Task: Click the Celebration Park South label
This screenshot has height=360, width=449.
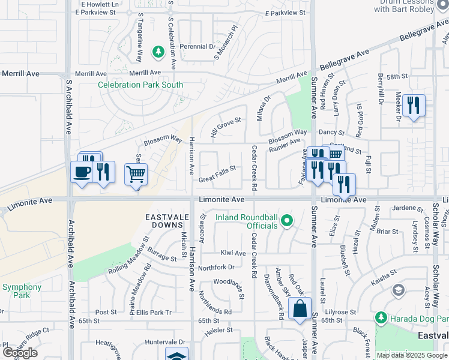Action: pos(140,85)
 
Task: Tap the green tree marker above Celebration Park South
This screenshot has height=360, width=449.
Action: pos(158,53)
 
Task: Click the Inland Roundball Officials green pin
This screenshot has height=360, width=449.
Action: pos(287,221)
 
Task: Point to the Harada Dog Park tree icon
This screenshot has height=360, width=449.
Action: pos(381,317)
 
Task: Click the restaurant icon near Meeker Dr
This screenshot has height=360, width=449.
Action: pos(413,106)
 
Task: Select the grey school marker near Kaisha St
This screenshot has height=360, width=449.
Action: pos(397,291)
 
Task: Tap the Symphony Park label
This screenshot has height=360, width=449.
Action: pos(21,291)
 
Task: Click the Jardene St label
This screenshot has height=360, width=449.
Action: pos(407,208)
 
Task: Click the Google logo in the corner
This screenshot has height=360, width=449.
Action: pos(20,353)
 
